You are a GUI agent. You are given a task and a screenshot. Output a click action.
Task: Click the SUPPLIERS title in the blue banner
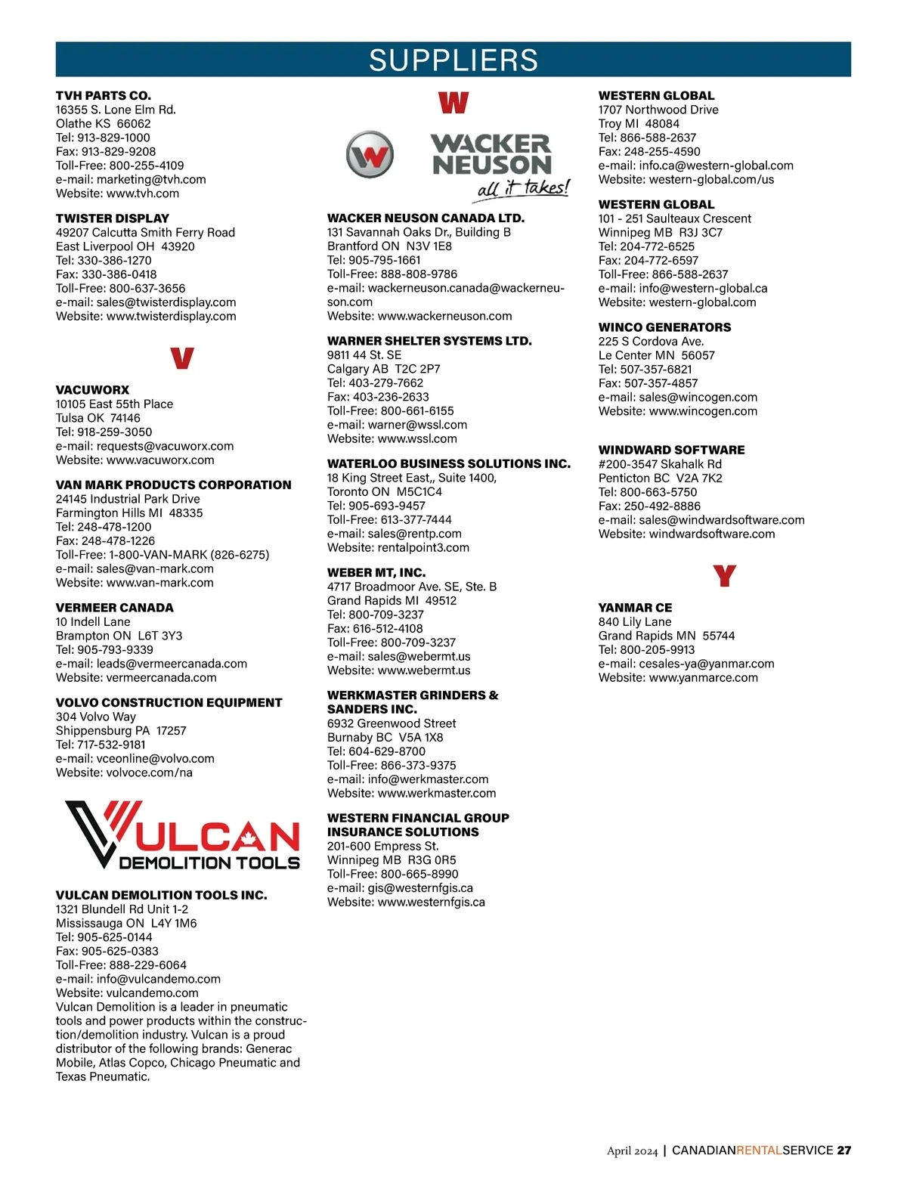click(453, 60)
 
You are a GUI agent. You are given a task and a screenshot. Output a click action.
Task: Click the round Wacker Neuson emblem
click(370, 155)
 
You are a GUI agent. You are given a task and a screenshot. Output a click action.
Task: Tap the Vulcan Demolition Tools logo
click(182, 835)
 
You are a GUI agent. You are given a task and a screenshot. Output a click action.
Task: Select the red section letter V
click(181, 358)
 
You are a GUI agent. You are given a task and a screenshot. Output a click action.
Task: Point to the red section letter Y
click(724, 577)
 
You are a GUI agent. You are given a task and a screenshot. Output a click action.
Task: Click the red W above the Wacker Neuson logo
click(453, 102)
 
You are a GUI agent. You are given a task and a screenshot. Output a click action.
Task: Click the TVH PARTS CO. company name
click(104, 95)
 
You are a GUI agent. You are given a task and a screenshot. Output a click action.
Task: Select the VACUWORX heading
click(92, 390)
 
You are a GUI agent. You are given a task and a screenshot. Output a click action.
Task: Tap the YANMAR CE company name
click(635, 608)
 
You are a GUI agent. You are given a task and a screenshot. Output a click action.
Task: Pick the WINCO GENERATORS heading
click(664, 327)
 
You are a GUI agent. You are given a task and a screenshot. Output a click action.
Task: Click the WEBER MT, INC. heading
click(376, 572)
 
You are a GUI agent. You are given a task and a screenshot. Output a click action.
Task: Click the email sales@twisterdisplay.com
click(166, 302)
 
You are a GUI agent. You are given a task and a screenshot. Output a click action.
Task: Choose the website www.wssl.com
click(417, 438)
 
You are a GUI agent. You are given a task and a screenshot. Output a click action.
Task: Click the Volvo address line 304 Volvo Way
click(96, 717)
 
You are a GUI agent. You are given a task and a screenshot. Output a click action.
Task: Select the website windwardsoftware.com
click(712, 534)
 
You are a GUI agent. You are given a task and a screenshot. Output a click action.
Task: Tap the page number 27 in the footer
click(844, 1150)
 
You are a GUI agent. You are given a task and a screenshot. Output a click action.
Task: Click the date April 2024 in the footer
click(632, 1151)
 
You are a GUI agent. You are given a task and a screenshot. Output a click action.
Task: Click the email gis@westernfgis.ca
click(420, 888)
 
